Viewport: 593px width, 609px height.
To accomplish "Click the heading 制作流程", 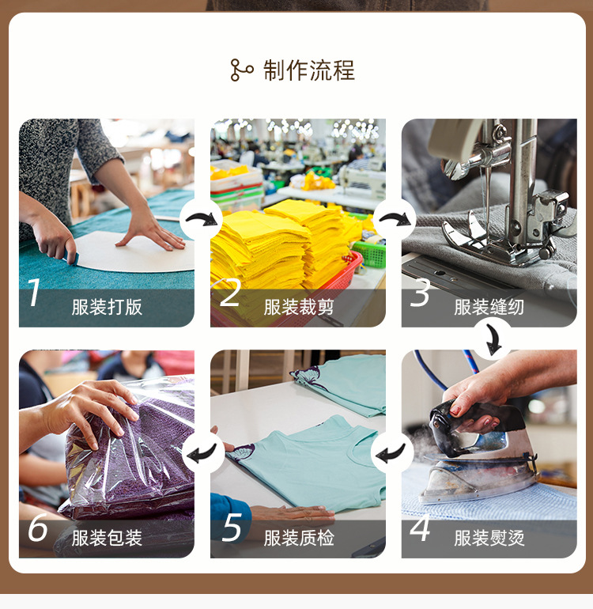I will click(309, 70).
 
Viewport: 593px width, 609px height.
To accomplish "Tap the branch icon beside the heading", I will click(241, 70).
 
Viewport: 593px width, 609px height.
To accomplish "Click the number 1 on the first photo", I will click(34, 293).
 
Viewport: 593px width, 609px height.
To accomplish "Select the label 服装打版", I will click(107, 307).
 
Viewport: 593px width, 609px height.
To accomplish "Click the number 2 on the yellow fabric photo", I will click(229, 293).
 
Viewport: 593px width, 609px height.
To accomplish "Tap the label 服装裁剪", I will click(299, 307).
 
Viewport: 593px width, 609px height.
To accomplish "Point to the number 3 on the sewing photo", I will click(421, 293).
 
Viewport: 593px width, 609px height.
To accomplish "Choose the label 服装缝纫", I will click(489, 307).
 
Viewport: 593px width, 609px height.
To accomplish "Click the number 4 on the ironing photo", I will click(420, 527).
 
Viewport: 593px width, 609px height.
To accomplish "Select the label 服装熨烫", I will click(489, 539).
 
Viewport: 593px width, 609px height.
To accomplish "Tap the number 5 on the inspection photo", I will click(231, 528).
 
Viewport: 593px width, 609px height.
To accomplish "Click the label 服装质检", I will click(299, 539).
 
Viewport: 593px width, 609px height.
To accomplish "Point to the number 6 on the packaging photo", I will click(37, 528).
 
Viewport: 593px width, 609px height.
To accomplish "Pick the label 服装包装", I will click(107, 539).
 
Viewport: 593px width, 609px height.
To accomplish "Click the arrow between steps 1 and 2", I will click(202, 218).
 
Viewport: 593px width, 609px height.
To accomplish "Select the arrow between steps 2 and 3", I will click(394, 218).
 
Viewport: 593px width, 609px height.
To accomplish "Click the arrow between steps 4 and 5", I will click(392, 452).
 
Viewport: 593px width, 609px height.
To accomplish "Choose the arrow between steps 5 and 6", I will click(202, 452).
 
